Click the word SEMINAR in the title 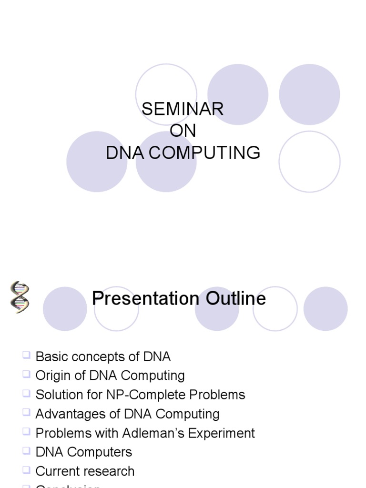pos(183,109)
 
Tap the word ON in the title pos(183,131)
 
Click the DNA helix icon pos(20,297)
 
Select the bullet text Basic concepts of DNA pos(103,356)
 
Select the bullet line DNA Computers pos(84,452)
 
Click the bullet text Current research pos(85,471)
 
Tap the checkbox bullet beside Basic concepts pos(26,355)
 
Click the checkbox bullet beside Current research pos(26,469)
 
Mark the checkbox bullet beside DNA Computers pos(26,450)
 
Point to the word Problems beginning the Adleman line pos(62,433)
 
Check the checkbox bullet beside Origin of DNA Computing pos(26,374)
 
